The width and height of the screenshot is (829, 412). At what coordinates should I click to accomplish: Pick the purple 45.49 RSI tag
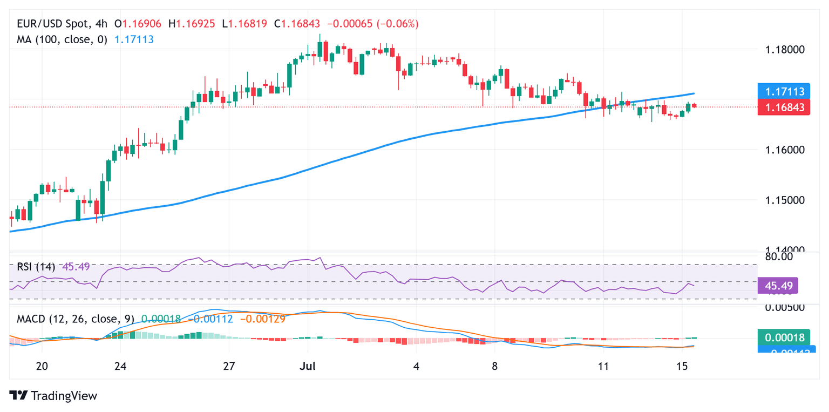777,286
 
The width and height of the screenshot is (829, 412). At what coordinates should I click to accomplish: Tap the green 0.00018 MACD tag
782,337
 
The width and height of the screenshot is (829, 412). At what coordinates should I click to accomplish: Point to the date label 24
120,367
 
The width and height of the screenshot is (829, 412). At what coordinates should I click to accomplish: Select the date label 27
229,367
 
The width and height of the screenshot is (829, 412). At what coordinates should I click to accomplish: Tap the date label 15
682,367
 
